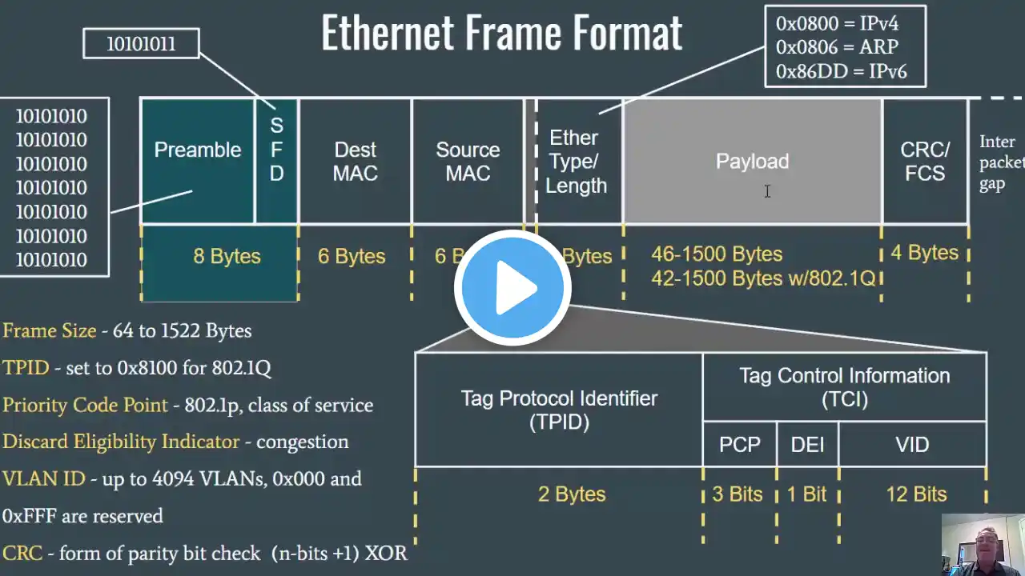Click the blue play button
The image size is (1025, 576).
pyautogui.click(x=512, y=289)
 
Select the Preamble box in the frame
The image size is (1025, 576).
pyautogui.click(x=197, y=160)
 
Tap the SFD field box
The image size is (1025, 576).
pyautogui.click(x=276, y=160)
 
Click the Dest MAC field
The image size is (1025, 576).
pyautogui.click(x=355, y=161)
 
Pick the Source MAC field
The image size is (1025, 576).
pyautogui.click(x=468, y=161)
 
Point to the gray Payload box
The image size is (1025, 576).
pyautogui.click(x=752, y=161)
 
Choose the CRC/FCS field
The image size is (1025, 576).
pyautogui.click(x=925, y=161)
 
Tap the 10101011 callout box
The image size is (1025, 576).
pyautogui.click(x=141, y=43)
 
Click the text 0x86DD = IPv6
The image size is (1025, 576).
pyautogui.click(x=841, y=72)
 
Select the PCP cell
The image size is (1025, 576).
pyautogui.click(x=739, y=445)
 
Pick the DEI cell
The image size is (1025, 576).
pyautogui.click(x=807, y=445)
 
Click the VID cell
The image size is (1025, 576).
pyautogui.click(x=912, y=445)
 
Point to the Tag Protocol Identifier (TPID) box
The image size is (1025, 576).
pyautogui.click(x=559, y=410)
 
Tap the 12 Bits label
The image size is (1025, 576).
pyautogui.click(x=916, y=494)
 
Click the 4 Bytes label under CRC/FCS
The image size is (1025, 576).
pyautogui.click(x=924, y=253)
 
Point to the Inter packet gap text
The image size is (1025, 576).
pyautogui.click(x=1000, y=162)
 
